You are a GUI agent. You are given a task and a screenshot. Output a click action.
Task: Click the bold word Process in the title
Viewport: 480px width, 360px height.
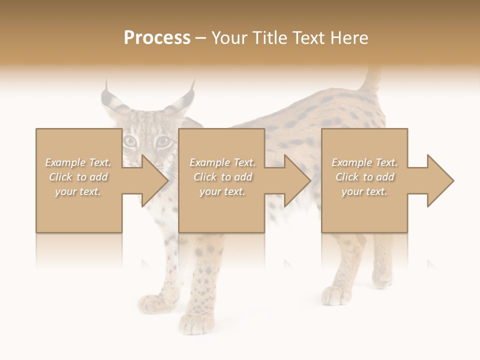tap(157, 37)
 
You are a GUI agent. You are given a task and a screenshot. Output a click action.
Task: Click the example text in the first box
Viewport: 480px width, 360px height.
tap(78, 177)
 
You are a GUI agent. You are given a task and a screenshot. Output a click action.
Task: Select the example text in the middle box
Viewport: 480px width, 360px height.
tap(222, 177)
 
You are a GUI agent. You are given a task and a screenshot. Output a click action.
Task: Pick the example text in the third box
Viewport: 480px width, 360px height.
tap(364, 177)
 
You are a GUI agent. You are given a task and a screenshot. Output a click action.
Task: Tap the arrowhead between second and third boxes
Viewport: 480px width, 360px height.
tap(297, 180)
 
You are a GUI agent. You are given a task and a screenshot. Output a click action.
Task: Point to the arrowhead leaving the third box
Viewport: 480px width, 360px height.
tap(440, 180)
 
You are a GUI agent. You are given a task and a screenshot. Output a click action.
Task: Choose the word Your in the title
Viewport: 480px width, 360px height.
tap(229, 37)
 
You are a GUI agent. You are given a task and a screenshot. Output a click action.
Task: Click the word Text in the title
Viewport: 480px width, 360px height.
tap(308, 37)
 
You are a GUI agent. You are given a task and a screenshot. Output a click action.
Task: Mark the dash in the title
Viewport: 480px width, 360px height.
tap(201, 38)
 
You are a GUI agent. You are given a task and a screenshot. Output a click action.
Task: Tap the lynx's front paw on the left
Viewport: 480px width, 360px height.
tap(152, 303)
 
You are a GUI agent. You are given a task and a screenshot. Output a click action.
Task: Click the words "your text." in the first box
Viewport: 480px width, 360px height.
tap(78, 191)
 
